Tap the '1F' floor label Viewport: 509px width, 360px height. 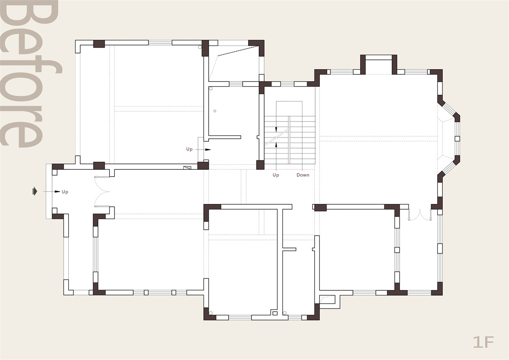pyautogui.click(x=483, y=343)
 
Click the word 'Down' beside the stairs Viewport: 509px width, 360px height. pyautogui.click(x=303, y=175)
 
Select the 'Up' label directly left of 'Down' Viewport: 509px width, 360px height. pyautogui.click(x=276, y=175)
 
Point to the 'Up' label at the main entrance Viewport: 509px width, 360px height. pyautogui.click(x=65, y=192)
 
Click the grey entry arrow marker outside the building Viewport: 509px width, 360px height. pyautogui.click(x=34, y=191)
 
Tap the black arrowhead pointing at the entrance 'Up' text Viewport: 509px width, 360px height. pyautogui.click(x=57, y=192)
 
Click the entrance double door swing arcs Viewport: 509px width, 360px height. pyautogui.click(x=102, y=191)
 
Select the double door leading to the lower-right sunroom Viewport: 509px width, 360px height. pyautogui.click(x=420, y=215)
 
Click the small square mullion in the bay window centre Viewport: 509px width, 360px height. pyautogui.click(x=457, y=138)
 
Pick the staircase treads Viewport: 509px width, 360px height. pyautogui.click(x=290, y=140)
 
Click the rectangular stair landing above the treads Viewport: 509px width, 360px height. pyautogui.click(x=289, y=109)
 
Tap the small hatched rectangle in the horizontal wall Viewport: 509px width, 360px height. pyautogui.click(x=187, y=168)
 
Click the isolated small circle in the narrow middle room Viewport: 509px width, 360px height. pyautogui.click(x=215, y=111)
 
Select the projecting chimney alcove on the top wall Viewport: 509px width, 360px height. pyautogui.click(x=378, y=65)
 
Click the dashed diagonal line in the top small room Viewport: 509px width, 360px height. pyautogui.click(x=238, y=51)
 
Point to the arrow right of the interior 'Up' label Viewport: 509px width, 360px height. pyautogui.click(x=203, y=149)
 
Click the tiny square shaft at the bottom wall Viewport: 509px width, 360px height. pyautogui.click(x=275, y=313)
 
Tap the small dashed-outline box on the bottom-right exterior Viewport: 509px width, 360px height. pyautogui.click(x=327, y=300)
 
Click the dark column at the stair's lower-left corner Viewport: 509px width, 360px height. pyautogui.click(x=260, y=165)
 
